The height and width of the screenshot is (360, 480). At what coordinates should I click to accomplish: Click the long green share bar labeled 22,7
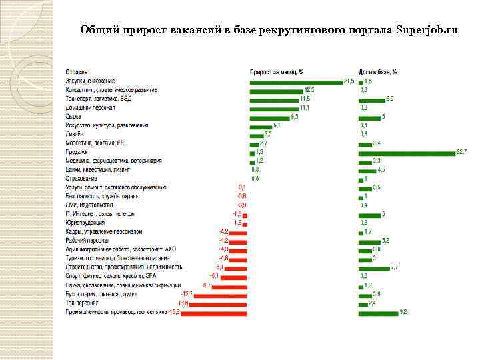(x=406, y=152)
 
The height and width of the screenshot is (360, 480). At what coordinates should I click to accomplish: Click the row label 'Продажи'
(x=77, y=152)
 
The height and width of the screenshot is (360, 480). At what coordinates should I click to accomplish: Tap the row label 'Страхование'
(x=81, y=179)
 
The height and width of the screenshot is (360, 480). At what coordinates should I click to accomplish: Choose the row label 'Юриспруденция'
(x=85, y=223)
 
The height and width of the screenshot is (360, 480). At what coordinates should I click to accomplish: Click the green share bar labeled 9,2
(x=378, y=311)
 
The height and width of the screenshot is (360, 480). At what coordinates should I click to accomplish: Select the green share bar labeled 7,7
(x=374, y=267)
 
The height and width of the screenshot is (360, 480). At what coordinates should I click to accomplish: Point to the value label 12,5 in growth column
(x=309, y=90)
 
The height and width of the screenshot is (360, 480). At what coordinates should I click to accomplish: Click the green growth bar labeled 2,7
(x=254, y=143)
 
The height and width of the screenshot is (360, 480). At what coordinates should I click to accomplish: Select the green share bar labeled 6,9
(x=371, y=99)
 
